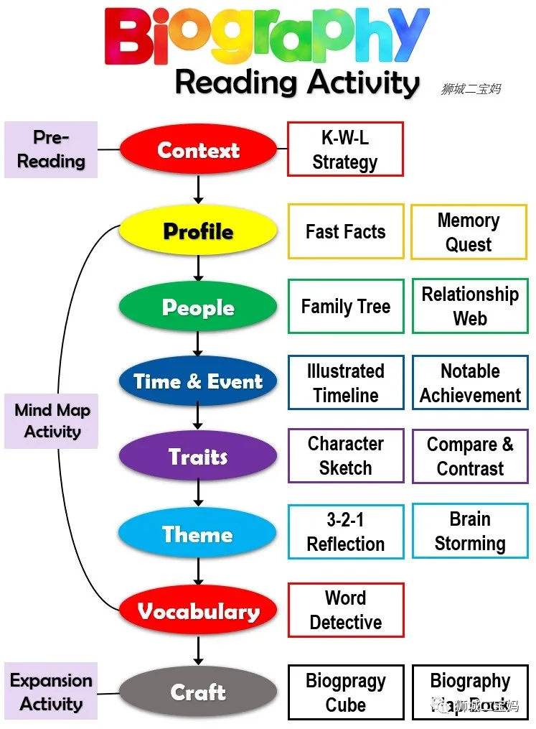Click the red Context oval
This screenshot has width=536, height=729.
coord(198,150)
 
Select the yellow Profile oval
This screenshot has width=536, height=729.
coord(198,231)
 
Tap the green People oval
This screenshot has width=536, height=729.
coord(198,307)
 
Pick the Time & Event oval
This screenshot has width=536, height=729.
coord(198,381)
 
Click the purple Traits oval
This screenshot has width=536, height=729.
coord(198,457)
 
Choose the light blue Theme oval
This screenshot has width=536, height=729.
coord(198,534)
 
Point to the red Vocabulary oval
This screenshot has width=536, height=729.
coord(198,611)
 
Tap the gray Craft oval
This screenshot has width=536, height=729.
coord(198,692)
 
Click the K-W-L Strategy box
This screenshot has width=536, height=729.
coord(345,149)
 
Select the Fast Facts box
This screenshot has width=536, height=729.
coord(346,231)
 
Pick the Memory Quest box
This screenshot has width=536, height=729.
coord(469,232)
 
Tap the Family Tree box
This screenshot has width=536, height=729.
coord(346,307)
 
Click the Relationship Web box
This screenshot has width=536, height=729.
coord(470,307)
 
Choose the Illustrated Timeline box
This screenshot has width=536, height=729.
coord(346,383)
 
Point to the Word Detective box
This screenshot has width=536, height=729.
coord(346,610)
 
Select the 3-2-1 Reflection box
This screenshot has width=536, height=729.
coord(346,531)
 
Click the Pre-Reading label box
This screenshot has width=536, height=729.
coord(51,149)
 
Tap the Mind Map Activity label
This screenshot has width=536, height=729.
coord(52,421)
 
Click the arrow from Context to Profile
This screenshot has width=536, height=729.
coord(198,188)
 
